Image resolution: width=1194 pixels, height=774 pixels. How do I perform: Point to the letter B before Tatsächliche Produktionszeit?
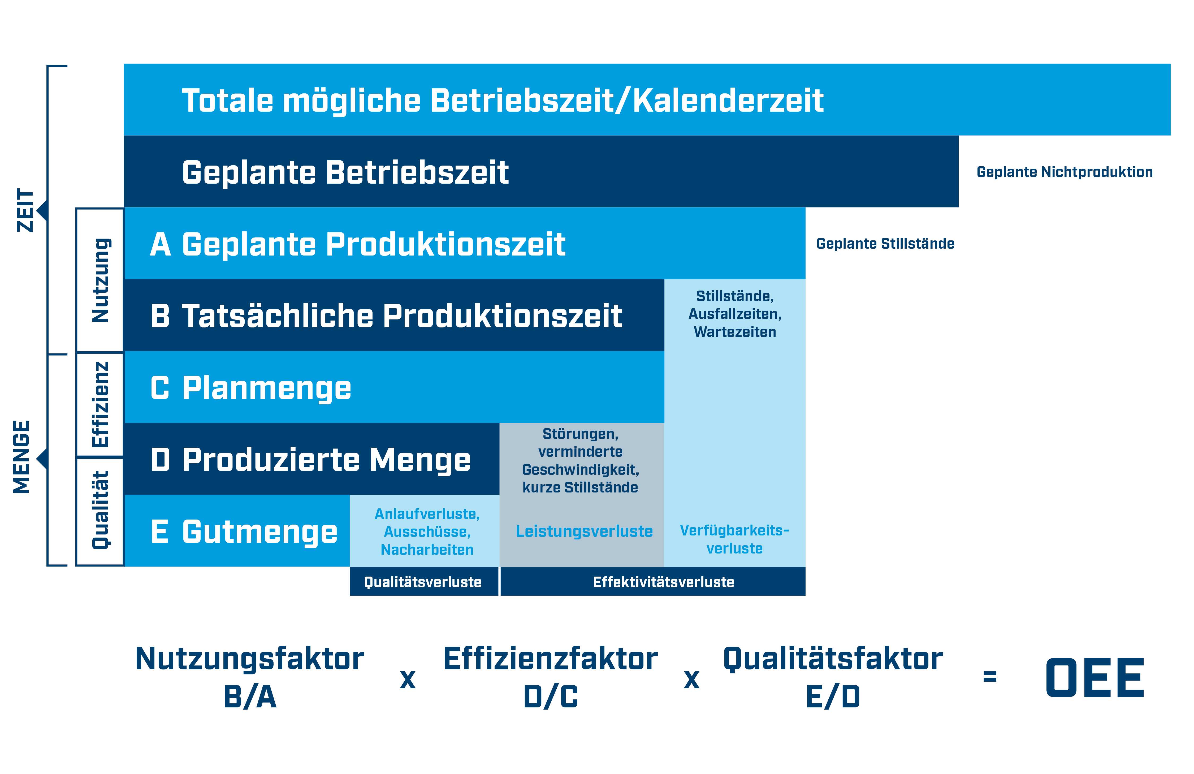(x=160, y=316)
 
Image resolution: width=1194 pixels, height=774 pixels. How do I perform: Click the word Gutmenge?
(x=259, y=532)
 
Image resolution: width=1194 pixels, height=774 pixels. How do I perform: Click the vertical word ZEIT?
(x=25, y=210)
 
